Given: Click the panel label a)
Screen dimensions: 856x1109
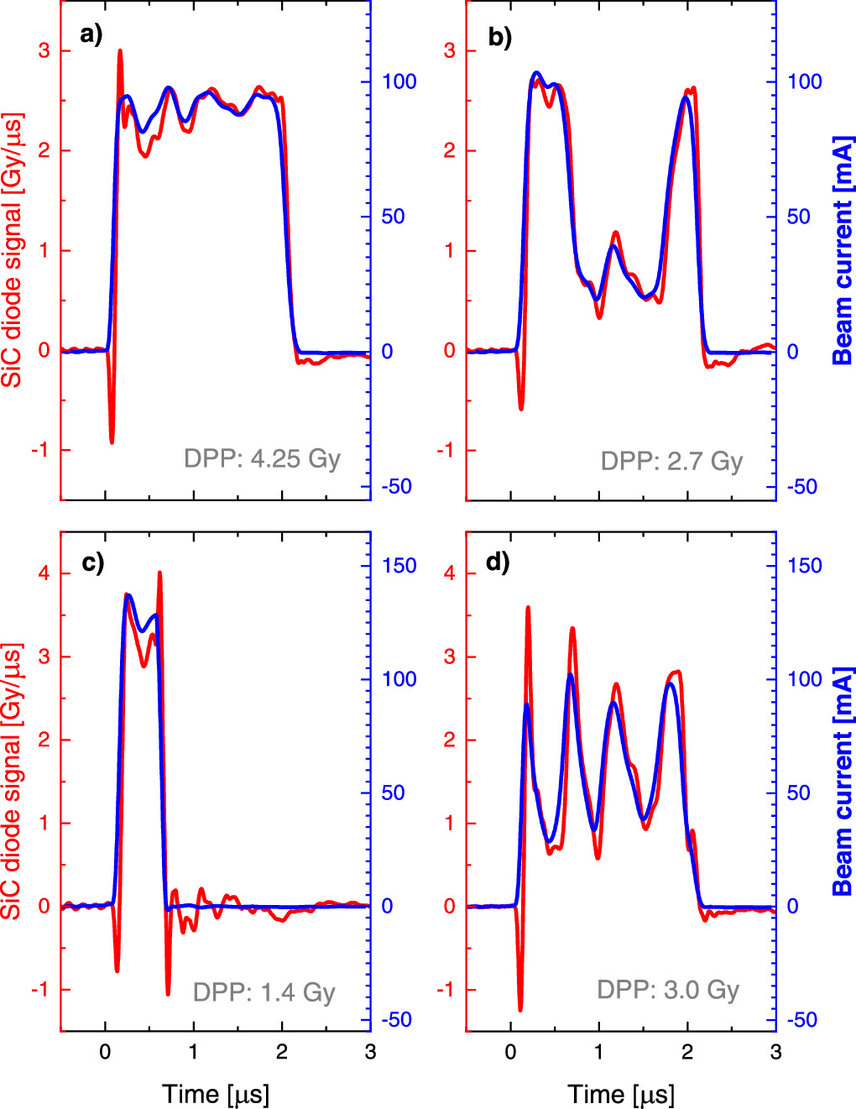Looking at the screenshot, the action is pos(91,36).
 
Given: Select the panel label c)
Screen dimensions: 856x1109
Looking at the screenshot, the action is pos(93,562).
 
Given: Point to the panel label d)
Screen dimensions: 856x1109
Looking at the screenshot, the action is pos(498,562).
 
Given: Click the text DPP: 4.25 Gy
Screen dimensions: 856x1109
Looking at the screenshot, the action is pos(262,459).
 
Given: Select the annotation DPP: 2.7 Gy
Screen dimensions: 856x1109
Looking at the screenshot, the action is pos(672,462).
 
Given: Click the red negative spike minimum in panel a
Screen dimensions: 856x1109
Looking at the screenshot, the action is pos(112,442).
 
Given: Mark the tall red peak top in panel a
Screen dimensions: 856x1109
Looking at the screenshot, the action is pos(120,50).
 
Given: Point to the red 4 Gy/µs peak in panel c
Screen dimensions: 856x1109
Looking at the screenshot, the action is pos(159,573).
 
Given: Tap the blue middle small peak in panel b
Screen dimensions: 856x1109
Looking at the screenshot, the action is pos(614,247).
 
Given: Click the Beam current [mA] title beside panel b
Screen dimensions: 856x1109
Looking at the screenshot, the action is pos(843,249).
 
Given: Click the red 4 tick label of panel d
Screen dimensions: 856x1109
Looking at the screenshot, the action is pos(450,573).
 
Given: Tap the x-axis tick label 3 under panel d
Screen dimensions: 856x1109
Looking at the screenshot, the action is pos(775,1051).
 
